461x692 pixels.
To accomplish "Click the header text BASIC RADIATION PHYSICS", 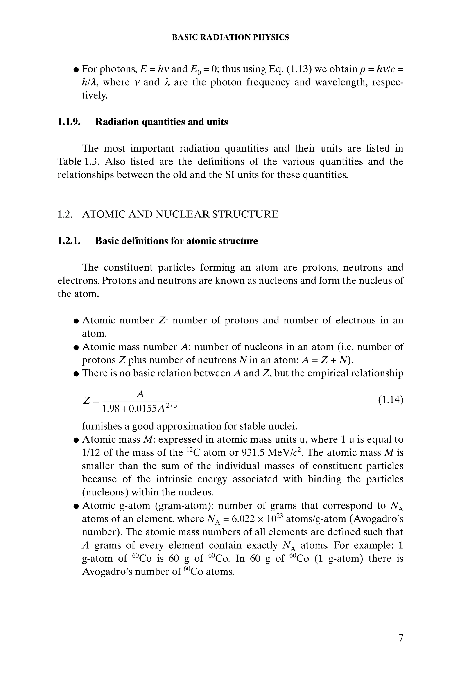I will coord(230,37).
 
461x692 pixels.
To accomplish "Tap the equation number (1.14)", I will coord(391,400).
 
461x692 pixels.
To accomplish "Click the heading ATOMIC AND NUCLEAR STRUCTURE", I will coord(180,214).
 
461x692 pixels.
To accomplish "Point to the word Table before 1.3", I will coord(69,161).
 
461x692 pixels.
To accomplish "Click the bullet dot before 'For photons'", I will coord(76,70).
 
